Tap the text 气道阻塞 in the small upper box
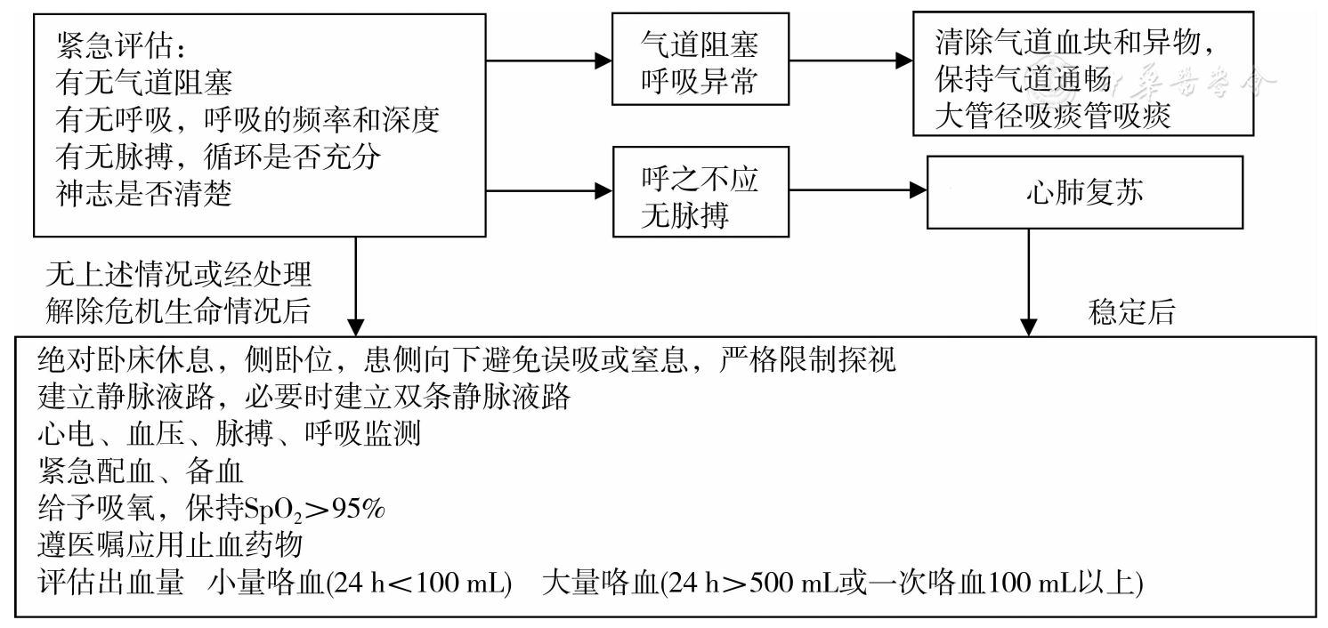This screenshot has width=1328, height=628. [700, 44]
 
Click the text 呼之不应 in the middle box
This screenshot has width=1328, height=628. [700, 179]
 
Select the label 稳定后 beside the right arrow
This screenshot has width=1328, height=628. [1131, 311]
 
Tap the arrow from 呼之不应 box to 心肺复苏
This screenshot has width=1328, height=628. [857, 189]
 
